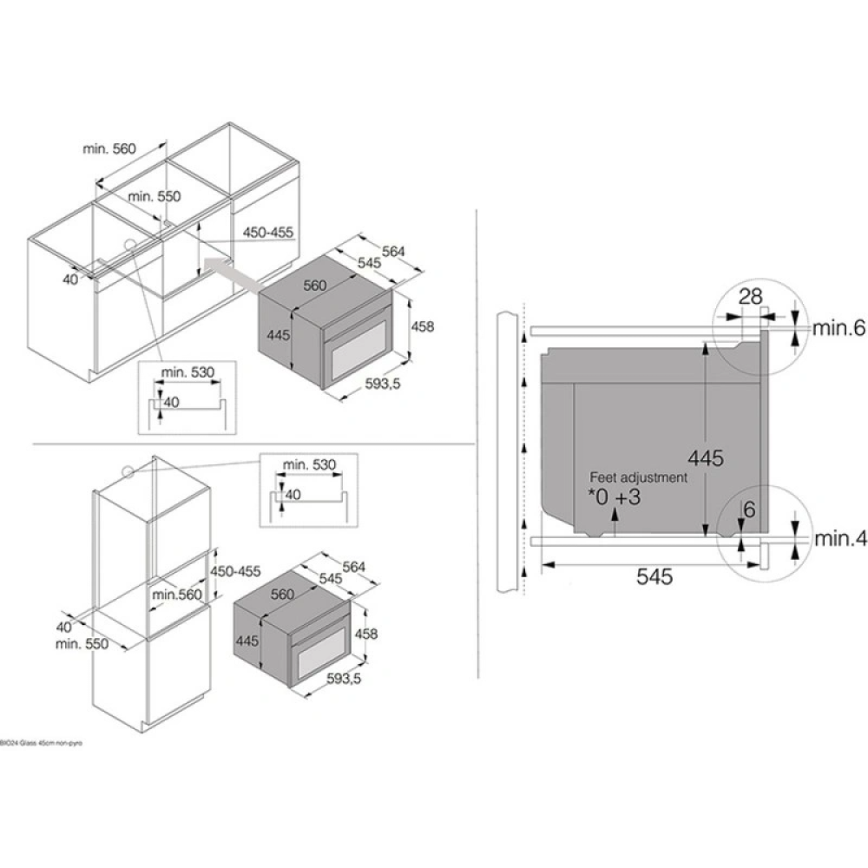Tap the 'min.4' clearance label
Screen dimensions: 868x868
click(x=839, y=539)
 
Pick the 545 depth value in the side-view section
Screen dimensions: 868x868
click(x=654, y=577)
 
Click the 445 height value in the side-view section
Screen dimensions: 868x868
click(x=705, y=457)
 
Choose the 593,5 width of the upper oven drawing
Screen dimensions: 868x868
click(x=378, y=385)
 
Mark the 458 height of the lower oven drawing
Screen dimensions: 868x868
click(x=366, y=634)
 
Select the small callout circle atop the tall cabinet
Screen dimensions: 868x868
click(x=128, y=472)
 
